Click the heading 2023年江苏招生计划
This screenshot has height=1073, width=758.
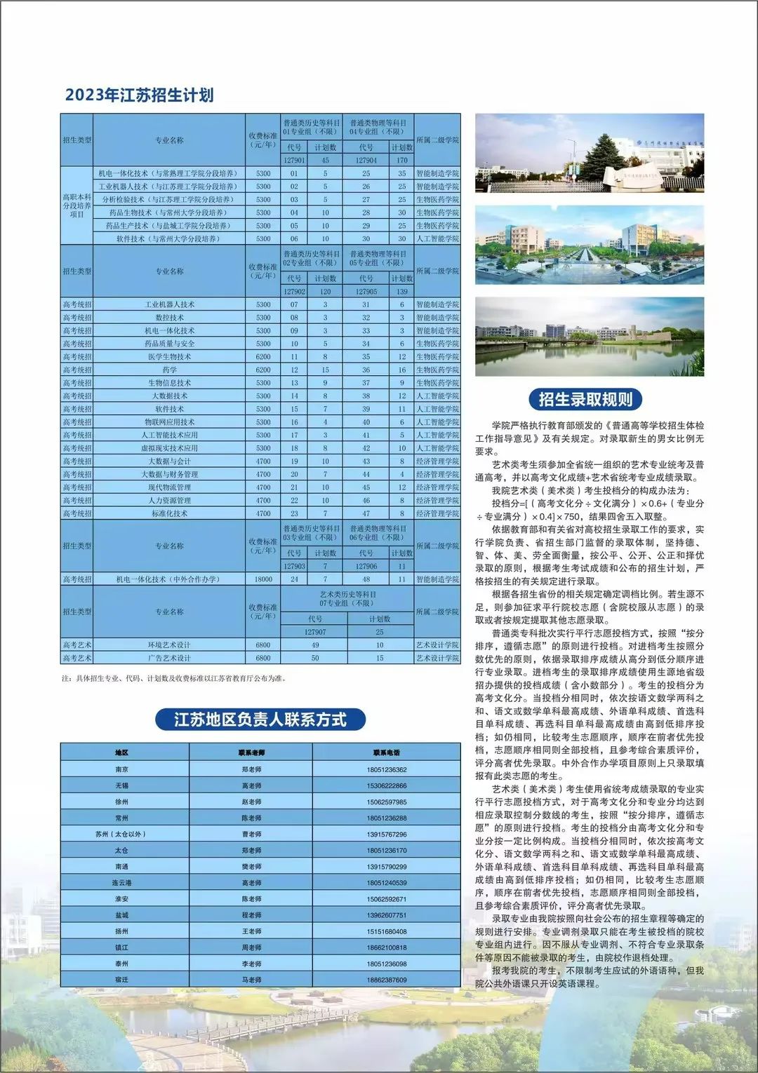[x=139, y=95]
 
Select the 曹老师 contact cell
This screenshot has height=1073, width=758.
[x=251, y=835]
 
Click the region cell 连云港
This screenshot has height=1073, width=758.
[x=121, y=883]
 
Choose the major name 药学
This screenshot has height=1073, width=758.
[x=169, y=370]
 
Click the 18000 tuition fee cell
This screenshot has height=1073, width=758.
[x=263, y=579]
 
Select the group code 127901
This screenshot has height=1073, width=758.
[x=294, y=161]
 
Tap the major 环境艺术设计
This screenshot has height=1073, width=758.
[x=169, y=645]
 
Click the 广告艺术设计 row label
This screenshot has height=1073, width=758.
[x=169, y=658]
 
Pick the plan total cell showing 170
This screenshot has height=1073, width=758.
[x=402, y=161]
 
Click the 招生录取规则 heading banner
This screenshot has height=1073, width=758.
[x=585, y=400]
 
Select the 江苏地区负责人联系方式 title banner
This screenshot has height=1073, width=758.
[x=260, y=720]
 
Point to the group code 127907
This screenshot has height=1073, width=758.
[x=315, y=632]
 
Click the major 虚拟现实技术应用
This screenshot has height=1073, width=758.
[x=169, y=448]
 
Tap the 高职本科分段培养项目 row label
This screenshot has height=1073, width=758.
[x=77, y=206]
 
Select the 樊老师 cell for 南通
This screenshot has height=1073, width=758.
[x=251, y=867]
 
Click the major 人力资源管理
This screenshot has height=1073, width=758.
[x=169, y=501]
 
